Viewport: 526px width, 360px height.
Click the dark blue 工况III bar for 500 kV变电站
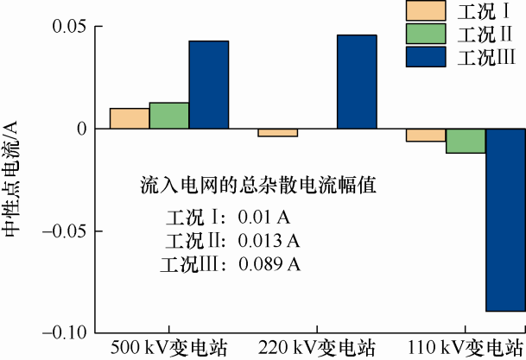209,85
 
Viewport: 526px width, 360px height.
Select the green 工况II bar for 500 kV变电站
169,116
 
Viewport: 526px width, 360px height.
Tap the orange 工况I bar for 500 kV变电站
130,118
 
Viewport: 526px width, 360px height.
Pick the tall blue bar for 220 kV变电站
357,82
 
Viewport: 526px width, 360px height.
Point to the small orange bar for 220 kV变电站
277,132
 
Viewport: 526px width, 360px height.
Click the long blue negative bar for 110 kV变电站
505,219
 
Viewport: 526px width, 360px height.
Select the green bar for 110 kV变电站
466,141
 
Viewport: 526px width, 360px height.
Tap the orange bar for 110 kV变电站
426,135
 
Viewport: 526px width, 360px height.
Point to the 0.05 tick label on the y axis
71,27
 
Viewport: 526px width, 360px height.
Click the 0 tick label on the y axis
85,129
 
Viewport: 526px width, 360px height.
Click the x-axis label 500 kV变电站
169,348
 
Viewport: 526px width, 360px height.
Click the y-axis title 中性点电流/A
12,178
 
